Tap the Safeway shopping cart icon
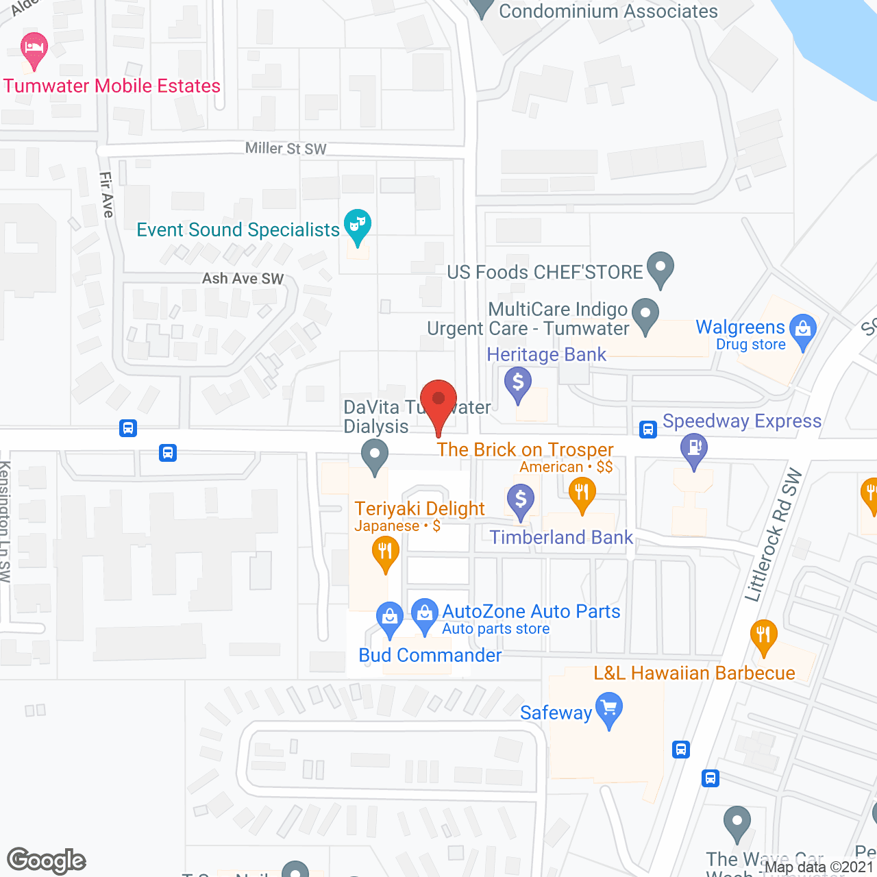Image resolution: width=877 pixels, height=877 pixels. [x=608, y=708]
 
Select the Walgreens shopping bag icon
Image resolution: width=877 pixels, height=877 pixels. [x=803, y=330]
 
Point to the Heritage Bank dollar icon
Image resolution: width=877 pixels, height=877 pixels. [x=519, y=382]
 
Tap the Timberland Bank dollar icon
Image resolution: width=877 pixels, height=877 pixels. [x=521, y=499]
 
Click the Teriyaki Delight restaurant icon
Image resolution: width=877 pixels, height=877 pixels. [x=386, y=552]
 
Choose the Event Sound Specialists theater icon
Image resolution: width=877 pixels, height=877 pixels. [x=357, y=225]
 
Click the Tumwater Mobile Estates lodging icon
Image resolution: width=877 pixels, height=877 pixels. [x=34, y=49]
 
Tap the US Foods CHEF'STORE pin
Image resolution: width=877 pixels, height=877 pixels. [x=660, y=268]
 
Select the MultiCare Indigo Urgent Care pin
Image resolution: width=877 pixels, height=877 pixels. [x=645, y=314]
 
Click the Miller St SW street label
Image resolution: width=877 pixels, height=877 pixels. [x=286, y=149]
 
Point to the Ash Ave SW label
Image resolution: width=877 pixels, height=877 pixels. [x=243, y=279]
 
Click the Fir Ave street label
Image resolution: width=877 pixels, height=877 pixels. [x=106, y=195]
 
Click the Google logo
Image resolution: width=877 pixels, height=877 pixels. [x=46, y=861]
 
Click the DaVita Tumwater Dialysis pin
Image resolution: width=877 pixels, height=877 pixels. [x=375, y=455]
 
